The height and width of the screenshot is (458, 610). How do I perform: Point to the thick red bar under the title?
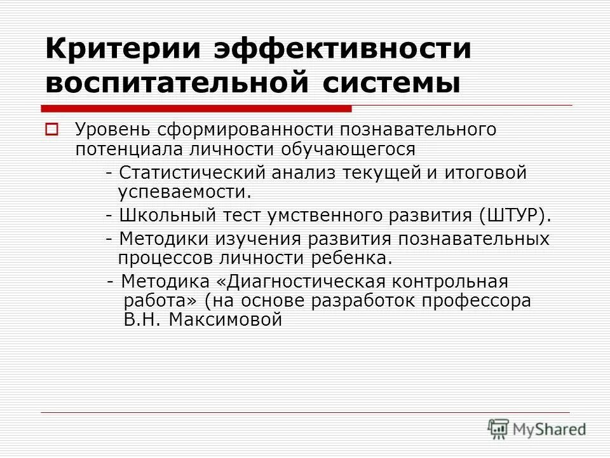pyautogui.click(x=197, y=108)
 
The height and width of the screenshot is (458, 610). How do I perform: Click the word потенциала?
pyautogui.click(x=128, y=149)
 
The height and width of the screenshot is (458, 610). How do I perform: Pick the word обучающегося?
pyautogui.click(x=352, y=149)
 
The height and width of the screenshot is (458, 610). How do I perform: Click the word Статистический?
pyautogui.click(x=191, y=173)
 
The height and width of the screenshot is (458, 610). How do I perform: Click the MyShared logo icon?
pyautogui.click(x=499, y=427)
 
